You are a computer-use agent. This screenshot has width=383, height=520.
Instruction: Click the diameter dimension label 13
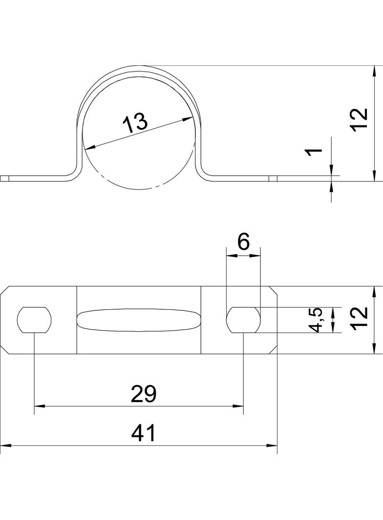(x=135, y=123)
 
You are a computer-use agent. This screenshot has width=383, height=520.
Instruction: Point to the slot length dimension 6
(x=243, y=242)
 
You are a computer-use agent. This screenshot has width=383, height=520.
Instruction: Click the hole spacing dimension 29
(x=143, y=394)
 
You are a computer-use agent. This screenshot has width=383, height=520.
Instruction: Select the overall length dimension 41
(x=143, y=433)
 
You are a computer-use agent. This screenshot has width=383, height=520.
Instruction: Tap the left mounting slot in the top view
(x=35, y=320)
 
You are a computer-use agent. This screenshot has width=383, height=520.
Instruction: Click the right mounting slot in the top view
(x=243, y=320)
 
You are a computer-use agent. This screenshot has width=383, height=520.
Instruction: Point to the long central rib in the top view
(x=139, y=320)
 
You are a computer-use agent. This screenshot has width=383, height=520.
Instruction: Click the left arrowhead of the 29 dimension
(x=40, y=406)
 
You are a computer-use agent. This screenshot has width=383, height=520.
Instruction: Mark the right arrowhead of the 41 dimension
(x=272, y=446)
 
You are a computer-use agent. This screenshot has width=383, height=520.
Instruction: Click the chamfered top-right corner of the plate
(x=273, y=290)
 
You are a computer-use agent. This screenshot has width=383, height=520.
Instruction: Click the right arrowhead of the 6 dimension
(x=255, y=255)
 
